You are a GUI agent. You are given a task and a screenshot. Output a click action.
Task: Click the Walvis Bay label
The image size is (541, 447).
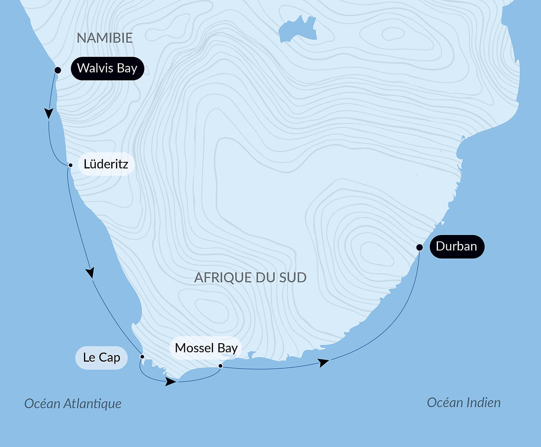click(107, 68)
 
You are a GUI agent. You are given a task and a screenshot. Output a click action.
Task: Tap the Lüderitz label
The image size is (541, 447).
click(106, 164)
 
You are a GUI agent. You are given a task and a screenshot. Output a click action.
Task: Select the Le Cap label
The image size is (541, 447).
click(101, 358)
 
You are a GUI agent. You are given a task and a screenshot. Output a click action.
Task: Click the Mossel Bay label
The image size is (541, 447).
click(206, 348)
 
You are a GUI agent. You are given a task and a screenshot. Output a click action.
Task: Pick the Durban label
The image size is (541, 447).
click(456, 247)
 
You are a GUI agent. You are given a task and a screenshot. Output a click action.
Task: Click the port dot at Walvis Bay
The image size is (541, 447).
click(58, 70)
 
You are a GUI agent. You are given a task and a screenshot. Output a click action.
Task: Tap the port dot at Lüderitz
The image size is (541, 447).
click(70, 165)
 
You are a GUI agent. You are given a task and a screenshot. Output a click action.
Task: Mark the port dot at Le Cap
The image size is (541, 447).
click(142, 357)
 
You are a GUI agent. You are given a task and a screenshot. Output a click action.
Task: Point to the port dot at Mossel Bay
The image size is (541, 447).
click(221, 366)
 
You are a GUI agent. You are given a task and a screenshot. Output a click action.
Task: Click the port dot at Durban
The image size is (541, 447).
click(419, 247)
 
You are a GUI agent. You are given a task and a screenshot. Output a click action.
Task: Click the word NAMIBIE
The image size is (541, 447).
click(105, 38)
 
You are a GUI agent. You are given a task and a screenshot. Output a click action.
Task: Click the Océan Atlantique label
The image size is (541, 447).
click(73, 404)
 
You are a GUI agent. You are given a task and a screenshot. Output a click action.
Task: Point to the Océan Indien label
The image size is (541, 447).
click(463, 402)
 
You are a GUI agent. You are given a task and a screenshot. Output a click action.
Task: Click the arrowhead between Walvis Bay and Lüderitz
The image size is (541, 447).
click(49, 113)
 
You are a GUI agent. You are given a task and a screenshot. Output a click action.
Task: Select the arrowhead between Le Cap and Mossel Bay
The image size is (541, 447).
click(170, 382)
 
